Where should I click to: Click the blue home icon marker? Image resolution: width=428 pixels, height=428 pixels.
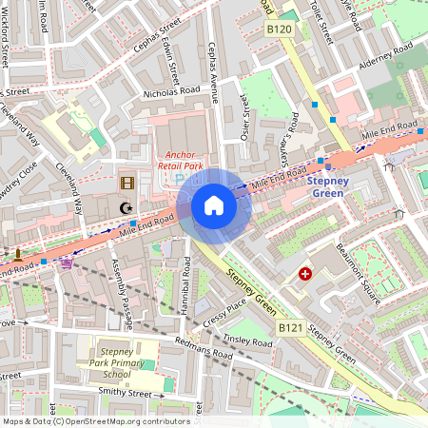214,205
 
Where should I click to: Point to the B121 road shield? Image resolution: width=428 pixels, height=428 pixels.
290,327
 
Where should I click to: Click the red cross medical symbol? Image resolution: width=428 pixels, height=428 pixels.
305,274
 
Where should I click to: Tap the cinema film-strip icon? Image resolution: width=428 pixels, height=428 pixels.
127,183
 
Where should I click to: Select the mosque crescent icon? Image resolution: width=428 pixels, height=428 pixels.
124,206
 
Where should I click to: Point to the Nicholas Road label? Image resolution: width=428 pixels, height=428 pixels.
171,91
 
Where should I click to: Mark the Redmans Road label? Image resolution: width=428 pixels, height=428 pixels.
204,347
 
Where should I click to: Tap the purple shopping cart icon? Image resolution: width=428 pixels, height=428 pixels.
66,264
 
